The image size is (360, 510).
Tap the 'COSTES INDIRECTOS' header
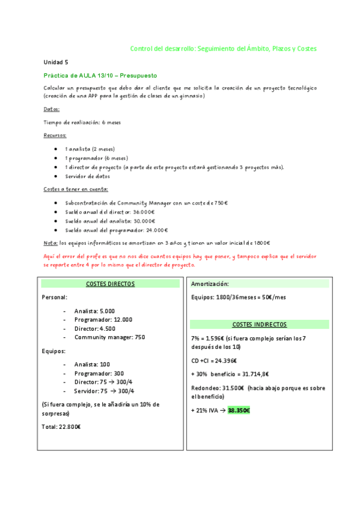pos(259,324)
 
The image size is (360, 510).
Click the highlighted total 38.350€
pos(238,410)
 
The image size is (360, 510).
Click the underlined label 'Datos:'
pos(52,109)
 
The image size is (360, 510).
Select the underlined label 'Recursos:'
pos(55,135)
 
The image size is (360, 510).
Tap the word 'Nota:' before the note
pos(50,243)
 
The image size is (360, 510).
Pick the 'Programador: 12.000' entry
pos(103,320)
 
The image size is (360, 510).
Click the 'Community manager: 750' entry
pos(109,337)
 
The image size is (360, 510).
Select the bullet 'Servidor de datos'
pos(88,176)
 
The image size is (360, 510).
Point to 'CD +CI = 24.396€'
pos(214,361)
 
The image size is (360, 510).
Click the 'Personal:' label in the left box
pos(55,297)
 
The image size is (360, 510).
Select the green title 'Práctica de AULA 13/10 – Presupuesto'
pos(100,76)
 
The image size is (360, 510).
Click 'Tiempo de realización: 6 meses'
pos(82,122)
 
